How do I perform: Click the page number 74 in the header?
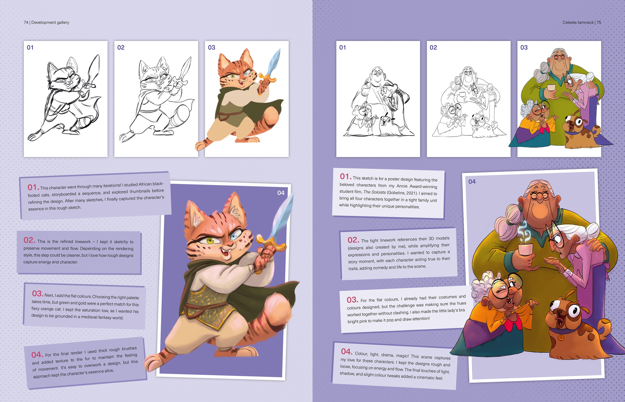[26, 23]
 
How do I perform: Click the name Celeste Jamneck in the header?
[578, 23]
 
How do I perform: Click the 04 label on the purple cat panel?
[281, 193]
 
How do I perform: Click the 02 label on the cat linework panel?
[121, 48]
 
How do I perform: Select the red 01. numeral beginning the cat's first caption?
[33, 187]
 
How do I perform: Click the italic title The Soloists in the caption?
[374, 192]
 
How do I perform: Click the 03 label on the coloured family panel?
[524, 48]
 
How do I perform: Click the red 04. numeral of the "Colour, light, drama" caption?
[346, 352]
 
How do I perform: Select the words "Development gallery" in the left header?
[50, 23]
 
